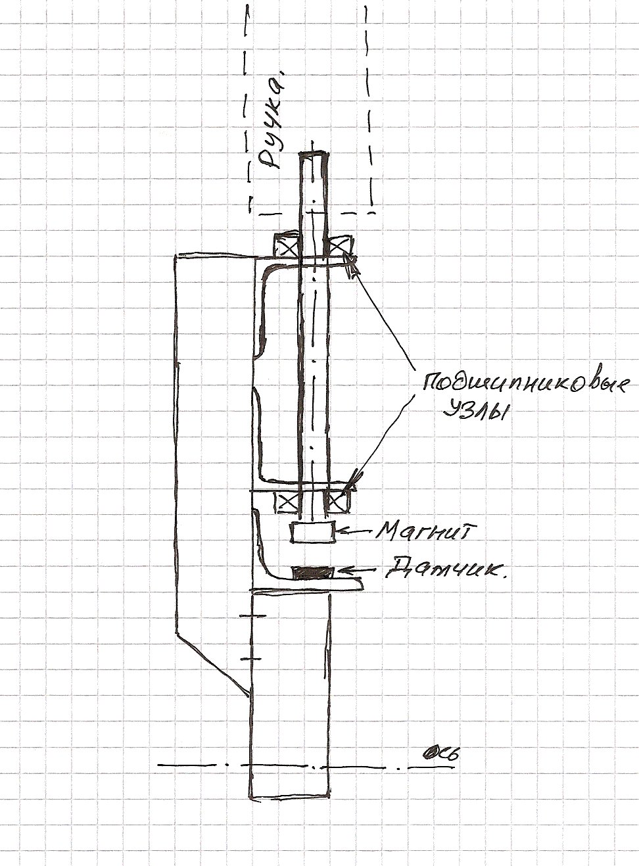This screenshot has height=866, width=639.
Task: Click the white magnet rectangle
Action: [312, 532]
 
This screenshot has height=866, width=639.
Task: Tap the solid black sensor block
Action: [312, 573]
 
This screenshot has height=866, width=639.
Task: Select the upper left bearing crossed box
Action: [287, 245]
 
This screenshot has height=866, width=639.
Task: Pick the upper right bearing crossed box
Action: [339, 245]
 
